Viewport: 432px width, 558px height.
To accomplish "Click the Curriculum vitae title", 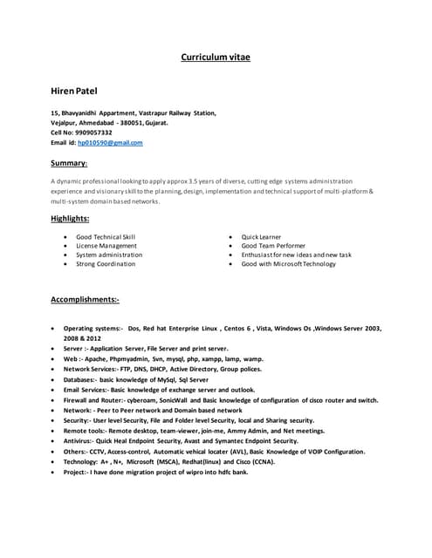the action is (215, 57).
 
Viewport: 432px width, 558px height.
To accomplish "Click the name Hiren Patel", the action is (75, 90).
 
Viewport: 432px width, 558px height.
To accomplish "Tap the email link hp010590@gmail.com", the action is (110, 142).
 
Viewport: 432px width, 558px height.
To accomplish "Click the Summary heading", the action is (69, 163).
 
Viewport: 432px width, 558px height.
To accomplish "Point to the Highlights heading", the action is (71, 219).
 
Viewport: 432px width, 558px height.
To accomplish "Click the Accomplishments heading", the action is (86, 299).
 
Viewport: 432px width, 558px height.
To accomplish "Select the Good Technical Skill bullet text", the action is (106, 236).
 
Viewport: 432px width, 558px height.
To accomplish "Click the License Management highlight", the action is (106, 246).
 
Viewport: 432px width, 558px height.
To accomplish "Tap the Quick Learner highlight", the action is (262, 236).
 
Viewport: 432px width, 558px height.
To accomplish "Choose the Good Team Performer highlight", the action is (273, 246).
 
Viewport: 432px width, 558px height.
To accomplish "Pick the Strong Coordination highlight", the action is (106, 263).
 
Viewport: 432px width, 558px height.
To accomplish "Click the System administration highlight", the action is (109, 255).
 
